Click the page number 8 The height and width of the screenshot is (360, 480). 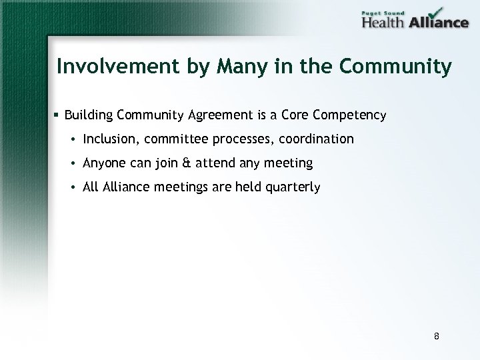pyautogui.click(x=436, y=336)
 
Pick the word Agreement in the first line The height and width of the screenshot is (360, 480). pyautogui.click(x=220, y=115)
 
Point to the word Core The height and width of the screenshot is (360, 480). pyautogui.click(x=294, y=115)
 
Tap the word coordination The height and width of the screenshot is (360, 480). pyautogui.click(x=319, y=139)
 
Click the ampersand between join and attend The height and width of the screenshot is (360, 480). pyautogui.click(x=185, y=163)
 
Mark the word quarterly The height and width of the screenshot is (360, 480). pyautogui.click(x=294, y=188)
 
